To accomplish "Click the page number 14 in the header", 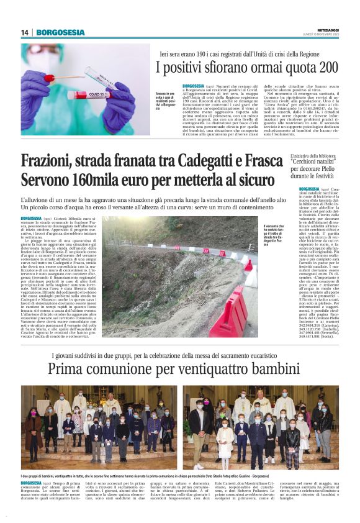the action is pos(24,32).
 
